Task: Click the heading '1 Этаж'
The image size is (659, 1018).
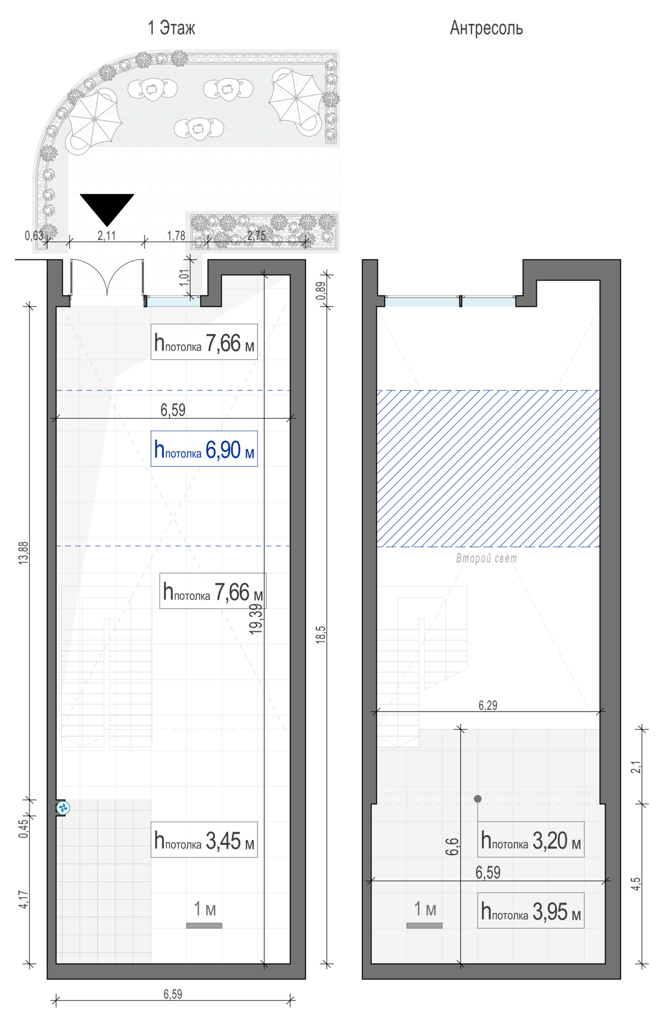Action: pos(171,28)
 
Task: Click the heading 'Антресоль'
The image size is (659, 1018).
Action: pos(486,28)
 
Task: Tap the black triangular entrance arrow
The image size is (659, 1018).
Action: pos(107,207)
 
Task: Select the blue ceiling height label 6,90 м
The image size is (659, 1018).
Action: pos(204,449)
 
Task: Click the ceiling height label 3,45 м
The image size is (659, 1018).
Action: pos(204,840)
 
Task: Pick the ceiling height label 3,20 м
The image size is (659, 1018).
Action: pos(530,840)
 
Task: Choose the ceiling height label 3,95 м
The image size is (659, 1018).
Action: pos(530,911)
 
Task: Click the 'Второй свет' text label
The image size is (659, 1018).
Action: pos(486,558)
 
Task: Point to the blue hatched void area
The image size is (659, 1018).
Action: pos(488,468)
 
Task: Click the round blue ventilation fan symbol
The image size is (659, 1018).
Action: pos(63,807)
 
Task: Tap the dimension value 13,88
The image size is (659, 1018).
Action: pos(23,553)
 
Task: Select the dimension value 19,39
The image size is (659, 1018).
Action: pos(256,618)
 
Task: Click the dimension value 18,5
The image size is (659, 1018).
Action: pos(320,635)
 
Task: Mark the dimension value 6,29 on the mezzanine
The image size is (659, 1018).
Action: pos(488,705)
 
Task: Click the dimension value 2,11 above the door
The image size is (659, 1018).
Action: pos(106,236)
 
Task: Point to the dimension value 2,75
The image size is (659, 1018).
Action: pos(256,236)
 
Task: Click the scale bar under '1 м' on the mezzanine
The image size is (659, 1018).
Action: pos(424,925)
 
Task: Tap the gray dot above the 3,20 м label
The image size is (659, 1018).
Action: pos(477,799)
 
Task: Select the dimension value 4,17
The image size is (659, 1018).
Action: pos(23,899)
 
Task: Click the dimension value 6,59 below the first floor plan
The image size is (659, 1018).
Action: pos(173,994)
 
